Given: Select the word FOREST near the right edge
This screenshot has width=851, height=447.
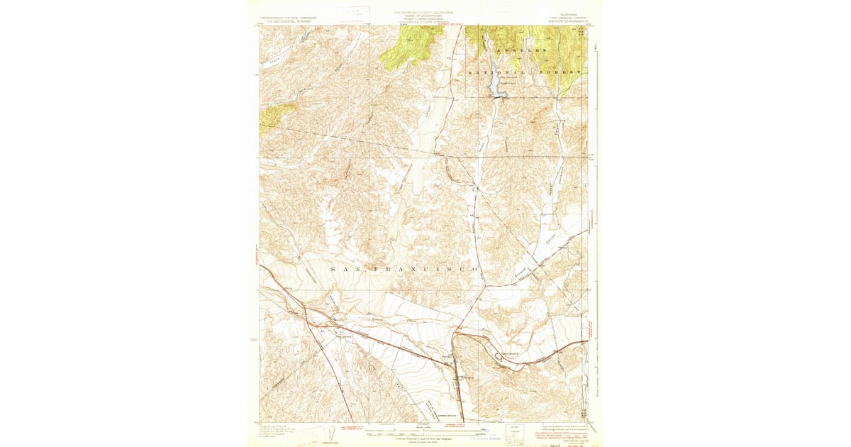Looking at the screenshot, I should point(567,72).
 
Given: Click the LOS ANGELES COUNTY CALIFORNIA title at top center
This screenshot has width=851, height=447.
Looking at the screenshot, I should point(424,13).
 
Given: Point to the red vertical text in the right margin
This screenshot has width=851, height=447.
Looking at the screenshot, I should point(591,333).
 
